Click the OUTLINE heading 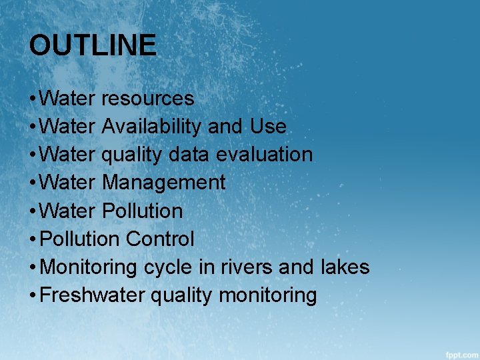(93, 46)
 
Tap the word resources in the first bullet (148, 99)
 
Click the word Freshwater (92, 295)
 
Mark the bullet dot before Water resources (33, 99)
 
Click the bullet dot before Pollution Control (33, 239)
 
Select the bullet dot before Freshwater (33, 295)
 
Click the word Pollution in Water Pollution (142, 211)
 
